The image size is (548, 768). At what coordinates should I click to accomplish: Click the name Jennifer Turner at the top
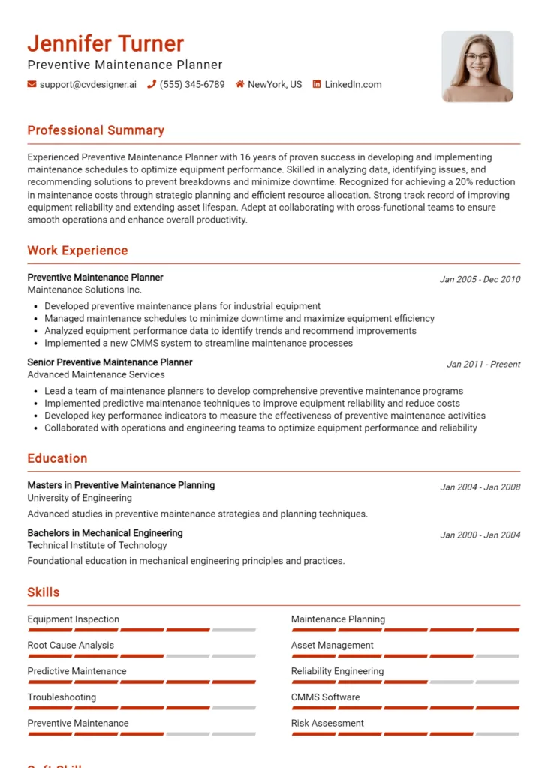click(x=105, y=43)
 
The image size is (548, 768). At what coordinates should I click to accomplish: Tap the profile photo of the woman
click(x=477, y=66)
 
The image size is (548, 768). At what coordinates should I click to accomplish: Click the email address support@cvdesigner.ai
click(x=88, y=85)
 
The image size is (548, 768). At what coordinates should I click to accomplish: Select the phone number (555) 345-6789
click(x=192, y=85)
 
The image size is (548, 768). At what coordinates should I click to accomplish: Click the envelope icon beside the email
click(x=32, y=85)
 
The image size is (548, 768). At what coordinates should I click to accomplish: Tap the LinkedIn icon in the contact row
click(x=317, y=85)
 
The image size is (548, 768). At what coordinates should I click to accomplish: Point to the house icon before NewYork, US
click(x=240, y=85)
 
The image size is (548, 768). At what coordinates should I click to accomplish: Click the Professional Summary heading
click(x=95, y=130)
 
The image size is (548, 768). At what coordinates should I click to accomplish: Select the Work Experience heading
click(x=77, y=250)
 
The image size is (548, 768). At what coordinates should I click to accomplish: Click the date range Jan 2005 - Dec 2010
click(x=480, y=279)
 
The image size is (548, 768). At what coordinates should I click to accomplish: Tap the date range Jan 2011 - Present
click(x=483, y=364)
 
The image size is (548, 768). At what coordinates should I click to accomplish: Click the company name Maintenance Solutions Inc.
click(x=84, y=289)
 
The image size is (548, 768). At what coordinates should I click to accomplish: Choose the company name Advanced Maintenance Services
click(x=96, y=374)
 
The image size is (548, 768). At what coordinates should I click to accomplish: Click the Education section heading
click(x=57, y=458)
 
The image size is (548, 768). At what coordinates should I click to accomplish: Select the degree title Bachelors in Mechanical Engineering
click(x=105, y=533)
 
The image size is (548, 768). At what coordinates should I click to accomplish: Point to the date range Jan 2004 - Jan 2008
click(x=480, y=487)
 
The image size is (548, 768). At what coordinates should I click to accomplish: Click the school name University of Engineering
click(x=80, y=498)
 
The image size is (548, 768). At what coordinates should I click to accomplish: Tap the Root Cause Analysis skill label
click(x=71, y=645)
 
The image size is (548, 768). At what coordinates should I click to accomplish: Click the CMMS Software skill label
click(x=325, y=697)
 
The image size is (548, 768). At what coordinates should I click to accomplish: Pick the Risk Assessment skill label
click(x=327, y=723)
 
